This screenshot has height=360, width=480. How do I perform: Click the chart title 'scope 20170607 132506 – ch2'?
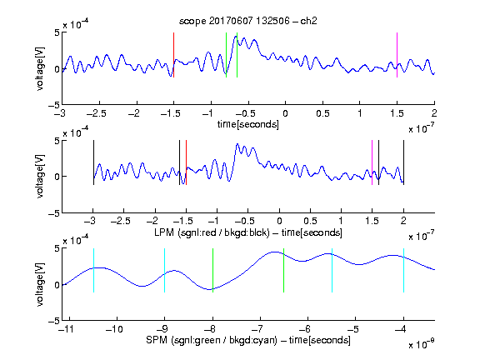[248, 21]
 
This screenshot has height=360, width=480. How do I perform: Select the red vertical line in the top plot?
[174, 55]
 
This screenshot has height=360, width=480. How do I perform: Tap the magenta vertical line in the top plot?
[397, 55]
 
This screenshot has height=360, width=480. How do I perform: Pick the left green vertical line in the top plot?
[226, 55]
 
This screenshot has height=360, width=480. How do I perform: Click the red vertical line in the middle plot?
[186, 162]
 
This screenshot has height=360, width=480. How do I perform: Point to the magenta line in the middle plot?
[372, 162]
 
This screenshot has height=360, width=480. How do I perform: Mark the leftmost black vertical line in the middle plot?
[93, 162]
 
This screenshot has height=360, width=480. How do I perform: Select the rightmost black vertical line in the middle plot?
[404, 162]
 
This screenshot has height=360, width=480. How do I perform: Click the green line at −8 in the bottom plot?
[212, 270]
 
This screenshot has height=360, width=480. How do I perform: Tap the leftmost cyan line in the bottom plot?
[93, 270]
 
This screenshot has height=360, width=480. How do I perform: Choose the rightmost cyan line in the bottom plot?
[404, 270]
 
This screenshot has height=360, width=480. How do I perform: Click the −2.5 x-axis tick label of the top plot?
[96, 113]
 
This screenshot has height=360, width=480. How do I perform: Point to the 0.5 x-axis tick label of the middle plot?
[310, 221]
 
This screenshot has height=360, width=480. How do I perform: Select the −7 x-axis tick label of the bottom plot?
[259, 329]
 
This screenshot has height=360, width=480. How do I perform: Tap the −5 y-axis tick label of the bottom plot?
[53, 321]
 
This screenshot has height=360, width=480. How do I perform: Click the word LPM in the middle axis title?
[164, 232]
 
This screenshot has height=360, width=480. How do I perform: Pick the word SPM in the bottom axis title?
[157, 340]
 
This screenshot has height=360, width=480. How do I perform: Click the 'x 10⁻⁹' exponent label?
[421, 344]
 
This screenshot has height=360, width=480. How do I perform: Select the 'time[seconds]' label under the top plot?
[248, 124]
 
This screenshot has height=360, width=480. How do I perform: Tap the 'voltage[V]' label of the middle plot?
[40, 176]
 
